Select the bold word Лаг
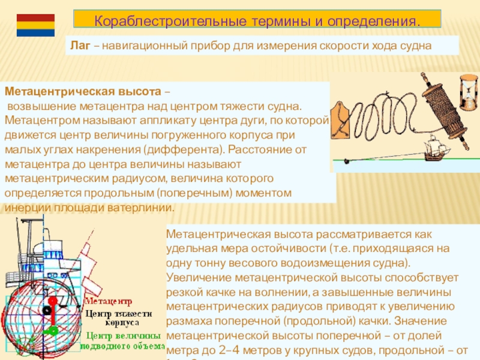click(x=80, y=45)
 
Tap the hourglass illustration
click(x=468, y=91)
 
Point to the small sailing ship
click(x=435, y=147)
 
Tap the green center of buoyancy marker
click(x=53, y=329)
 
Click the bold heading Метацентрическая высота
click(x=83, y=92)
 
